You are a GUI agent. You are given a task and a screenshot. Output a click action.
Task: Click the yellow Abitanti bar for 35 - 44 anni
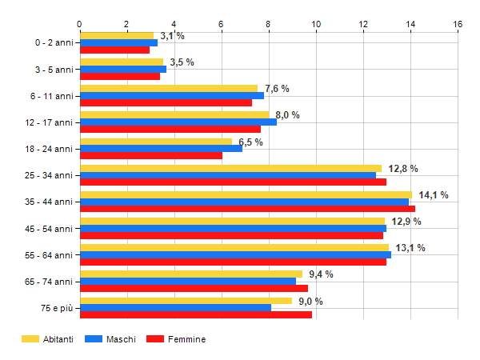pos(246,194)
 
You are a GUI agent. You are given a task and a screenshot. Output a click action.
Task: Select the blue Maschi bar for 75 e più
pos(175,308)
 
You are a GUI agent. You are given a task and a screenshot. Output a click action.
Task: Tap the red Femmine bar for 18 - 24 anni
pos(151,156)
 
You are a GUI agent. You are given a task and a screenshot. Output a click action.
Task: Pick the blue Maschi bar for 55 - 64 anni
pos(235,255)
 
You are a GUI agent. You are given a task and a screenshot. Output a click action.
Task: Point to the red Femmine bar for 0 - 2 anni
pos(114,50)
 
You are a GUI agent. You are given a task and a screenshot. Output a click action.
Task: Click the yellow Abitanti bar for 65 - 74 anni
pos(190,274)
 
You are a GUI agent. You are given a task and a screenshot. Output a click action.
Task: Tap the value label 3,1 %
pos(172,36)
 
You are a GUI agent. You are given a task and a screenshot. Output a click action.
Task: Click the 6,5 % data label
pos(250,142)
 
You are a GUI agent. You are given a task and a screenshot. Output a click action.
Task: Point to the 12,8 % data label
pos(403,169)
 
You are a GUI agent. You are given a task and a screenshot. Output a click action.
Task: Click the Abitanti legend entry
pos(48,339)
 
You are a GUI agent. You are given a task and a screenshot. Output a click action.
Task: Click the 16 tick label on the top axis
pos(458,24)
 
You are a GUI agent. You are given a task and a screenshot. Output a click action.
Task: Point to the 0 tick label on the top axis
pos(79,24)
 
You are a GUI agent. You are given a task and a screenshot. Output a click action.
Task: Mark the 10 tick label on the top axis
pos(316,24)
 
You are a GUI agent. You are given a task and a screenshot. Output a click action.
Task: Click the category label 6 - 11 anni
pos(50,96)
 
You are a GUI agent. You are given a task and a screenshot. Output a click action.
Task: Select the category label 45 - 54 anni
pos(48,229)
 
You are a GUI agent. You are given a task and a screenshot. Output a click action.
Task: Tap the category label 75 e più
pos(54,308)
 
